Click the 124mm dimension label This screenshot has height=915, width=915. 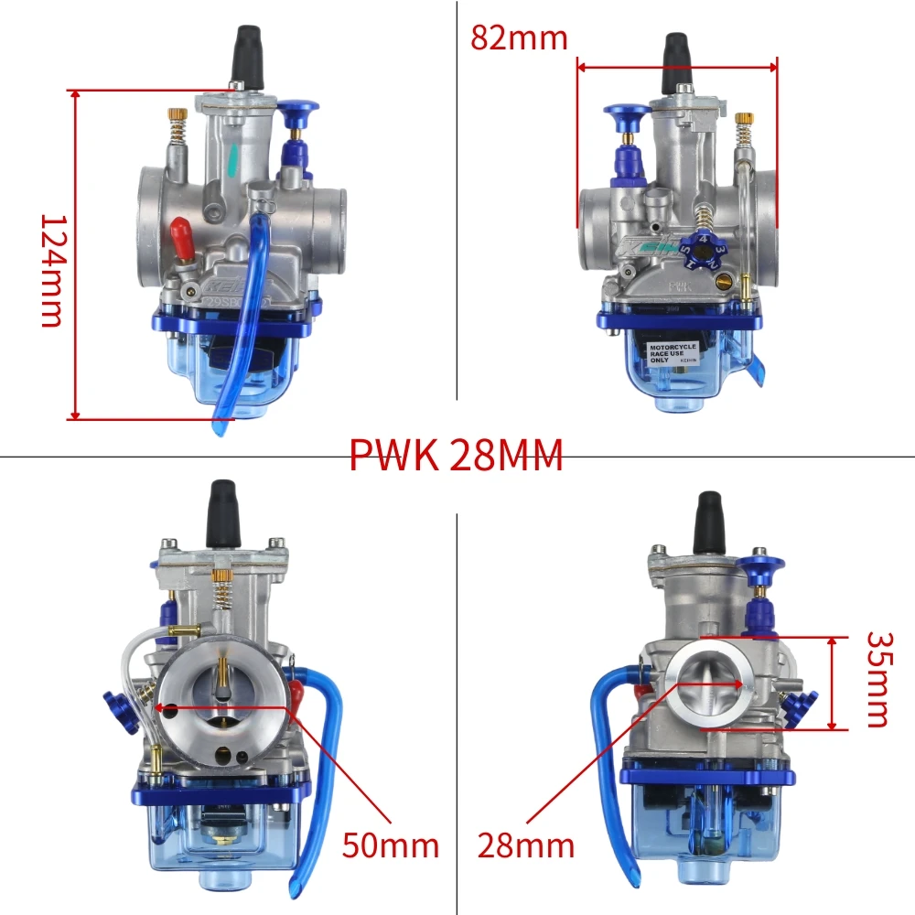(51, 271)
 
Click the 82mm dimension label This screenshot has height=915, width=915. (519, 38)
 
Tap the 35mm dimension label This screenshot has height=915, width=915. (877, 678)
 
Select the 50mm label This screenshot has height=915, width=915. (391, 845)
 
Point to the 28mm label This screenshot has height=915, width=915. (525, 845)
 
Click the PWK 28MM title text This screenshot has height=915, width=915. (456, 455)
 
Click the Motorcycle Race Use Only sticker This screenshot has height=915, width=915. (673, 353)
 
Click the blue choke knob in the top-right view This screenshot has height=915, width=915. (627, 114)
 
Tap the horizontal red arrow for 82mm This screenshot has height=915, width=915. (677, 66)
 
